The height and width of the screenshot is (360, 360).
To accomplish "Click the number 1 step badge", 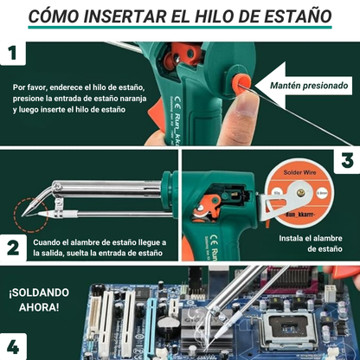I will click(x=13, y=55).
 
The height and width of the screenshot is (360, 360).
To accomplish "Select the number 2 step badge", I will click(x=13, y=247).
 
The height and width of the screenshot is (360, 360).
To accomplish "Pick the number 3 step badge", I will click(x=346, y=161).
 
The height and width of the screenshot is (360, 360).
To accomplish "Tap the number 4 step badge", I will click(x=13, y=346).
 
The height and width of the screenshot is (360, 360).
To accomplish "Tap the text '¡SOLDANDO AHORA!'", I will click(x=36, y=299).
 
